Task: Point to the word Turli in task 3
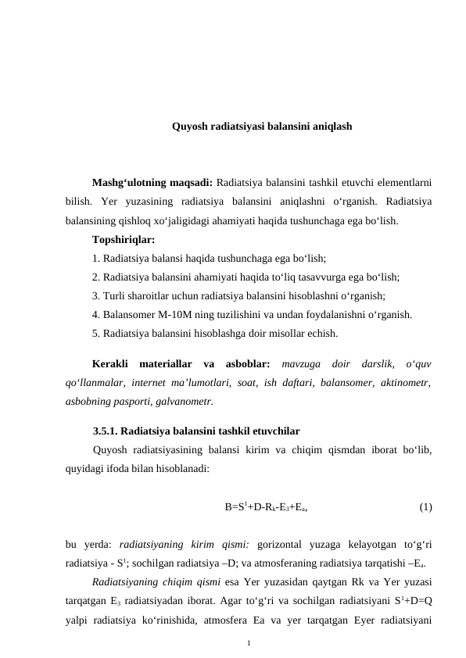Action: [115, 296]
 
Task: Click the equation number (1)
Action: [425, 507]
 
